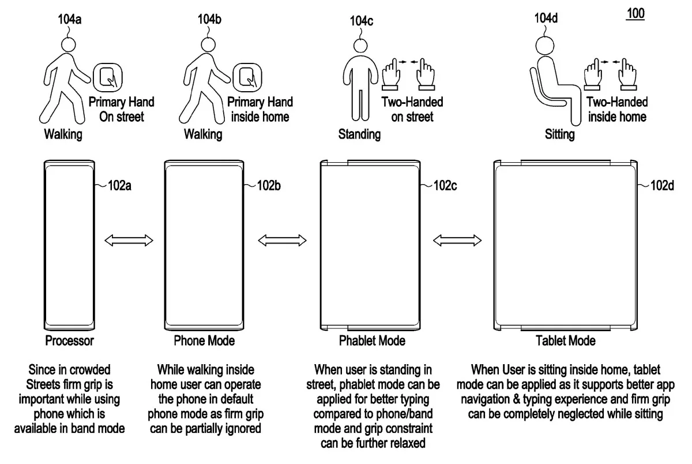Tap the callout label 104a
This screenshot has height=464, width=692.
tap(69, 19)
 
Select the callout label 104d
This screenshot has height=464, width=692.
tap(546, 18)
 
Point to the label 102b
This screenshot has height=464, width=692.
tap(268, 185)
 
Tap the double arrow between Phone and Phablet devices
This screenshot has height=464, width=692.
tap(283, 239)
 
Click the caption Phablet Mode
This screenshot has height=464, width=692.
tap(372, 340)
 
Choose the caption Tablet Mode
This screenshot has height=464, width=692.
tap(566, 340)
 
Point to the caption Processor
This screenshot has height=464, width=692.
tap(70, 340)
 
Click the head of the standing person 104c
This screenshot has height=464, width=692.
tap(362, 46)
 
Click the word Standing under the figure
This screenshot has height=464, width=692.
tap(359, 134)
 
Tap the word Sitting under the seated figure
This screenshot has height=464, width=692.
tap(559, 134)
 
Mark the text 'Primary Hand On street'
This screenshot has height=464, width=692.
tap(121, 109)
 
